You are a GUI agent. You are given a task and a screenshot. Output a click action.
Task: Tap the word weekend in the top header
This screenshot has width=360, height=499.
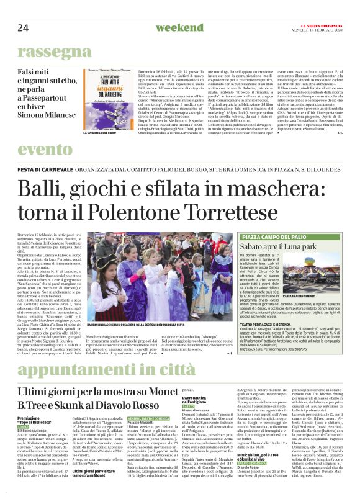point(179,27)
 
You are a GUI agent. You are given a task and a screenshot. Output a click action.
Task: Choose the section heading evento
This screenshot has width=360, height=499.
point(45,150)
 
